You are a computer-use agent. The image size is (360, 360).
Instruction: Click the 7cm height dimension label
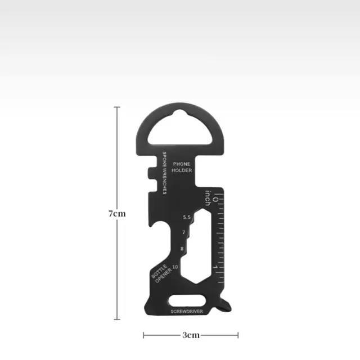(x=117, y=214)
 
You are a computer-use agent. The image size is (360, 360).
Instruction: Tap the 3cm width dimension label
(x=191, y=335)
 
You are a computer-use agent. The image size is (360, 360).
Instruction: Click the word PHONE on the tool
(x=182, y=164)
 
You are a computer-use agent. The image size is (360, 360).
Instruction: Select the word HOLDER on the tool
(x=182, y=170)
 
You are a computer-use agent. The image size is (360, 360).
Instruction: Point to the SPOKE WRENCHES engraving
(x=164, y=173)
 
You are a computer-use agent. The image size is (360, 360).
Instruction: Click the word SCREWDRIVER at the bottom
(x=187, y=311)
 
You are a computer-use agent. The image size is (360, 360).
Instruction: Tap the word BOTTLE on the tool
(x=159, y=271)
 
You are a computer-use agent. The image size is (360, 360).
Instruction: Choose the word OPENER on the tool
(x=164, y=275)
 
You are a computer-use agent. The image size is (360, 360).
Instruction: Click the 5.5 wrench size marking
(x=187, y=217)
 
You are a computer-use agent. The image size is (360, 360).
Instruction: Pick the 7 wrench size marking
(x=184, y=232)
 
